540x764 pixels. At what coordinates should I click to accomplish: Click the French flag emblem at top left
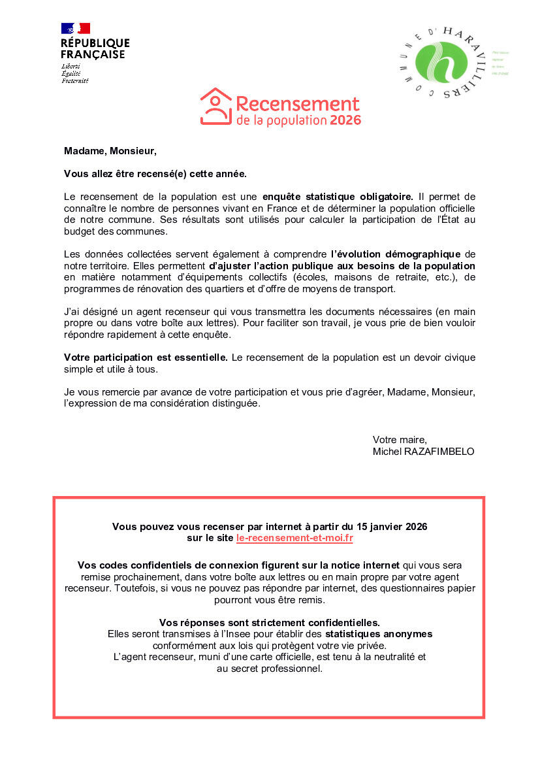pos(76,28)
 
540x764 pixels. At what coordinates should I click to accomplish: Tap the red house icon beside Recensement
pos(215,107)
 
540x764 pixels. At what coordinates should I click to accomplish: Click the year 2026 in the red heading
pos(345,120)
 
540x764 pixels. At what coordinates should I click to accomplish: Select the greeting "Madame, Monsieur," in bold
pos(110,151)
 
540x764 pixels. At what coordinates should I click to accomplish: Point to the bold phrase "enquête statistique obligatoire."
pos(338,196)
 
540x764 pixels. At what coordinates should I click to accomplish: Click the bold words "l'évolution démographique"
pos(396,254)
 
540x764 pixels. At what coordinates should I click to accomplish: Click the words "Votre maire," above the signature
pos(400,439)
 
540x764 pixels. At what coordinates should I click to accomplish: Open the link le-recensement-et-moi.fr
pos(294,539)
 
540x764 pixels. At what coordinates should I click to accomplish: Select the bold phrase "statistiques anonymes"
pos(379,634)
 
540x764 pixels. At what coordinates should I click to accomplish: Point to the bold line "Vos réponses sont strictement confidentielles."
pos(269,622)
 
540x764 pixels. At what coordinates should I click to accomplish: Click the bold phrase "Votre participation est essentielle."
pos(146,357)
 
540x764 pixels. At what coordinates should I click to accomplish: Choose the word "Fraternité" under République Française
pos(75,81)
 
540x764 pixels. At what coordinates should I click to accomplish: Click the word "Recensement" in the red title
pos(297,104)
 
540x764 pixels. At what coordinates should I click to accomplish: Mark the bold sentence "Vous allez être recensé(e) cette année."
pos(155,174)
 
